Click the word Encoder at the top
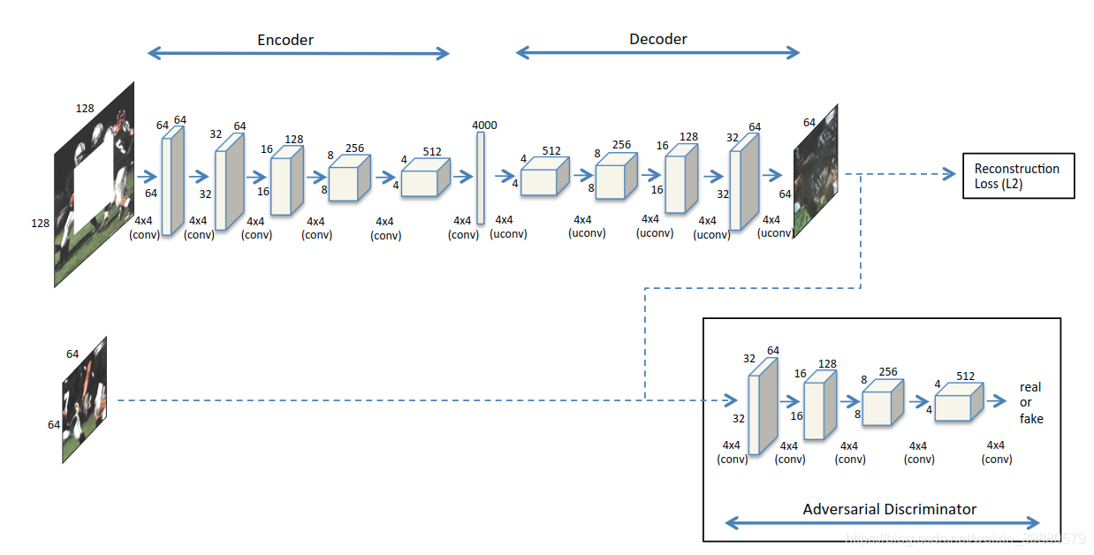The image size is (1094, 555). tap(285, 40)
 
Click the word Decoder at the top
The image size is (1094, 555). tap(657, 39)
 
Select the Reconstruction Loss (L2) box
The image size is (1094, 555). tap(1017, 176)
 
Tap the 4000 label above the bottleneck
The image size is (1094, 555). tap(484, 125)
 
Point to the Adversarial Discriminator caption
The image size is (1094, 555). tap(889, 509)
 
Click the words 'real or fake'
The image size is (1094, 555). tap(1030, 403)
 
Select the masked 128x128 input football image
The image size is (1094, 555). tap(95, 185)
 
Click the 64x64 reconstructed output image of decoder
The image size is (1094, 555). tap(815, 171)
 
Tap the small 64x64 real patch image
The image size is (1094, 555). tap(85, 399)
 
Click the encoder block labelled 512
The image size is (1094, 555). tap(425, 177)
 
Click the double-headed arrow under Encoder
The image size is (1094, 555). tap(298, 54)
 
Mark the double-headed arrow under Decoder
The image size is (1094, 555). tap(657, 53)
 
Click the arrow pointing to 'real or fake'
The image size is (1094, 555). tap(998, 400)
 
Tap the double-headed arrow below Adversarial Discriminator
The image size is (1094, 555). tap(882, 522)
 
